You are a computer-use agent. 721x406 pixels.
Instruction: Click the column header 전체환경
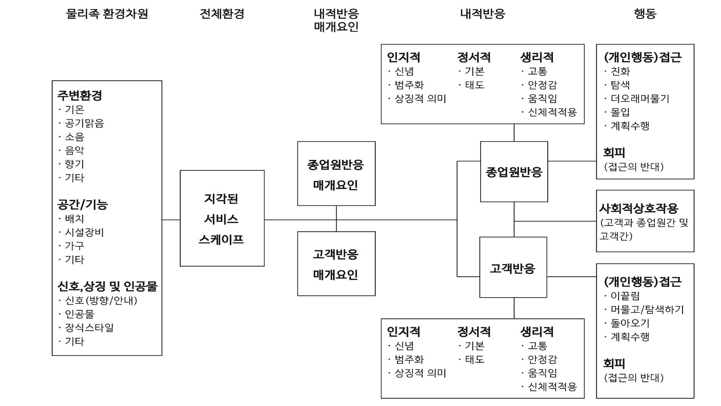click(222, 14)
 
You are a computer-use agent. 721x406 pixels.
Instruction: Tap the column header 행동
click(645, 14)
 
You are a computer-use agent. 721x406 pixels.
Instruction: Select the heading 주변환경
click(79, 95)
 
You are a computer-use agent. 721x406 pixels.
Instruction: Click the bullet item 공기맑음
click(84, 123)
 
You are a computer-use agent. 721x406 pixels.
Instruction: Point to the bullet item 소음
click(74, 137)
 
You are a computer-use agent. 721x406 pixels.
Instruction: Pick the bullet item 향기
click(74, 164)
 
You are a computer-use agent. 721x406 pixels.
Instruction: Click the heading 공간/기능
click(82, 204)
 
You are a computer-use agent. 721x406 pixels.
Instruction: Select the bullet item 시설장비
click(84, 232)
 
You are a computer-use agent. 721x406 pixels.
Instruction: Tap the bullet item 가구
click(74, 246)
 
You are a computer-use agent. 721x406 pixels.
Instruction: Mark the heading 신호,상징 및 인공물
click(107, 286)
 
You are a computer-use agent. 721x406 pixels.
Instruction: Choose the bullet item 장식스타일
click(89, 327)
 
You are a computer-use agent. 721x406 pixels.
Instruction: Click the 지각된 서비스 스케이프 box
click(222, 218)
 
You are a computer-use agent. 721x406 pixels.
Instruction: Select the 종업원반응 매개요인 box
click(336, 173)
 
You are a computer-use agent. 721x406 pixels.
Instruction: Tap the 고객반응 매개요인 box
click(336, 264)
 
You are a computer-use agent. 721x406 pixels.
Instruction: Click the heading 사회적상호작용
click(639, 208)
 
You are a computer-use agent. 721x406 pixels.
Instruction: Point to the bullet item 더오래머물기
click(640, 99)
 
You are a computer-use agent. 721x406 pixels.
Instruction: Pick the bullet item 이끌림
click(625, 296)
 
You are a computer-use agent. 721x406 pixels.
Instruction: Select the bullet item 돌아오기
click(630, 323)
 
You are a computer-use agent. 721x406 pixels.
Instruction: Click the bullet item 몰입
click(620, 112)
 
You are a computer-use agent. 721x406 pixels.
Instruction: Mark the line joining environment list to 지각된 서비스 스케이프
click(171, 219)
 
